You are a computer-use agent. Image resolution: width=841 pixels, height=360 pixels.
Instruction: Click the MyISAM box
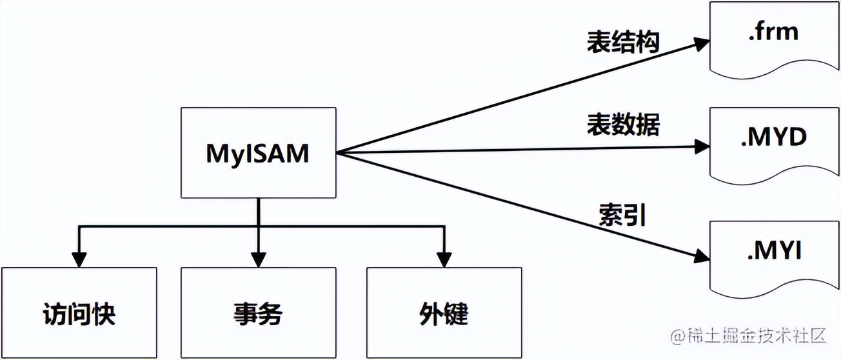[x=258, y=153]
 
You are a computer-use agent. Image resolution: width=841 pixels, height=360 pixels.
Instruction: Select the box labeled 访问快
[x=79, y=312]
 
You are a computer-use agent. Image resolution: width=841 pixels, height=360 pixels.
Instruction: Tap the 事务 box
[x=258, y=312]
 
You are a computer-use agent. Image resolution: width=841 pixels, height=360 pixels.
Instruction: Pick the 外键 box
[x=444, y=312]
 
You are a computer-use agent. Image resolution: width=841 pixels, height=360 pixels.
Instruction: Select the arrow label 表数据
[x=623, y=124]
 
